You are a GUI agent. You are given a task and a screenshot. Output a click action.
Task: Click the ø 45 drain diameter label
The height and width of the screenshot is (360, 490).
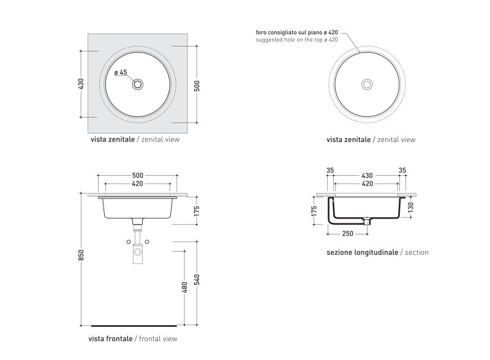pos(121,72)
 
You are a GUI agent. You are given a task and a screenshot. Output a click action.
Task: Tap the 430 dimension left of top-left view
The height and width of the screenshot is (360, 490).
pos(81,84)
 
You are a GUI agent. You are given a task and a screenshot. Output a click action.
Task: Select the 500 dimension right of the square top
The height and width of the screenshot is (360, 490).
pos(197,86)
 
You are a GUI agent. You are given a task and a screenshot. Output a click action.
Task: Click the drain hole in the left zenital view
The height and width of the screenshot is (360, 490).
pos(137,84)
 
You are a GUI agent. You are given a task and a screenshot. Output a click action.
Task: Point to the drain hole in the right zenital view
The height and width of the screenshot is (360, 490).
pos(367,84)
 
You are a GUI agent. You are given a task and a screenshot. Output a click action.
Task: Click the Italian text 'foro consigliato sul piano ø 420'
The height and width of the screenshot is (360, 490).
pos(296,32)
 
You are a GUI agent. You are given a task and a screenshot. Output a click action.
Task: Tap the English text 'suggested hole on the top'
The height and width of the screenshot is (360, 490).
pos(289,40)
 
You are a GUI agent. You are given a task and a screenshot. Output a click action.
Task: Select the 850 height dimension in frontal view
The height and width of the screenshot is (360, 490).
pos(81,255)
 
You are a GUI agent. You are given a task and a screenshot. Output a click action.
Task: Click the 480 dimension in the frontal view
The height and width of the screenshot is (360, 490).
pos(184,288)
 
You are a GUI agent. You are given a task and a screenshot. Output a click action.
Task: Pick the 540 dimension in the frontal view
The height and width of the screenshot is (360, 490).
pos(197,280)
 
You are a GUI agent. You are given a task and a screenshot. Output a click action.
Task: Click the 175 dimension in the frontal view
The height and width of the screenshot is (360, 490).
pos(197,211)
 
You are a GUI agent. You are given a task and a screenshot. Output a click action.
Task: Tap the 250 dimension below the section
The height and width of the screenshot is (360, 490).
pos(347,233)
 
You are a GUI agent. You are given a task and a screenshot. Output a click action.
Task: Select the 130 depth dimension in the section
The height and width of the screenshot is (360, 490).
pos(410,207)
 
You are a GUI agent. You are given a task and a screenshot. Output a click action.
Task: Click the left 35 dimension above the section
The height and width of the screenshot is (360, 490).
pos(330,170)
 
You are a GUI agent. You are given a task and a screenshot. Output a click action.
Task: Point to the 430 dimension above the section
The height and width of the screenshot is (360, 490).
pos(367,176)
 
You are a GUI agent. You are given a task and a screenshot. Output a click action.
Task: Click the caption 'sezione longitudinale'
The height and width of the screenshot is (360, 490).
pos(362,252)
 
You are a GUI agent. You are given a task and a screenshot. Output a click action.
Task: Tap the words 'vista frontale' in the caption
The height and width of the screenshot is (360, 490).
pos(110,339)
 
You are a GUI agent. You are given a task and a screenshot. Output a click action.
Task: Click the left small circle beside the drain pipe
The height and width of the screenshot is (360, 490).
pos(129,242)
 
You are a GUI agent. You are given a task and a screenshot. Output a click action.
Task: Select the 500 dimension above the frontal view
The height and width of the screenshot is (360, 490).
pos(137,176)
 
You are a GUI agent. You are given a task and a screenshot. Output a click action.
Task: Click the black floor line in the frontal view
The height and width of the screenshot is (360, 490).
pos(134,326)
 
